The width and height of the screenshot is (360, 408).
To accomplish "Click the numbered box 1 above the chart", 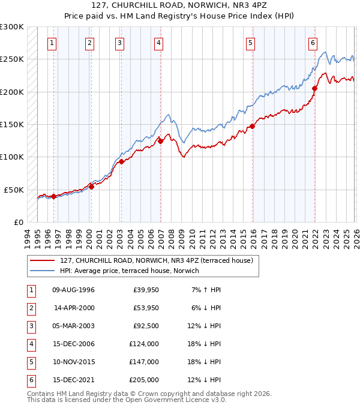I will tap(53, 43).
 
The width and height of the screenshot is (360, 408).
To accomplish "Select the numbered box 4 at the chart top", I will tap(158, 43).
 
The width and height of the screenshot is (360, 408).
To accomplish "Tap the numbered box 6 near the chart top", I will tap(313, 43).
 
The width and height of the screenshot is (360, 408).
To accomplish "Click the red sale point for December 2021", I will tap(314, 89).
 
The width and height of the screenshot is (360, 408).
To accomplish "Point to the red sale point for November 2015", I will tap(252, 127).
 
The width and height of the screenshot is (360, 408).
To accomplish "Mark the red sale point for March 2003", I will tap(121, 161).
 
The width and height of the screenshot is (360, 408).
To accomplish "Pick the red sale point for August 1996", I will tap(53, 196).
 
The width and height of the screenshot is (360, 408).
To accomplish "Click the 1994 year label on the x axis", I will tap(28, 236).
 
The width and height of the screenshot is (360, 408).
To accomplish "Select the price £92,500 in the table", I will tap(146, 326).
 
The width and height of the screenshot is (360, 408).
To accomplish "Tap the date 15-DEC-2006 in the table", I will tap(73, 344).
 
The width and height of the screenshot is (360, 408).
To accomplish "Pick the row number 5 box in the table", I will tap(30, 362).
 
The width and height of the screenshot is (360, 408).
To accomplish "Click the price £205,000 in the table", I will tap(144, 380).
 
